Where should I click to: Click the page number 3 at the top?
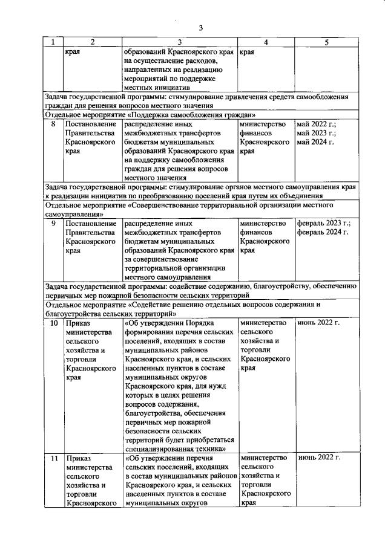click(x=200, y=27)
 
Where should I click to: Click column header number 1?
click(x=53, y=42)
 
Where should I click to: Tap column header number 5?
click(x=326, y=42)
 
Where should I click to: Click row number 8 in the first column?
click(x=53, y=125)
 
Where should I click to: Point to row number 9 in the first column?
click(x=53, y=223)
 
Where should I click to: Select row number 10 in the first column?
click(x=53, y=323)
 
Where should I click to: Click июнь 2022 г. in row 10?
click(x=318, y=323)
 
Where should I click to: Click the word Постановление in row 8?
click(x=90, y=125)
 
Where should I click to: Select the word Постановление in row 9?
click(x=90, y=223)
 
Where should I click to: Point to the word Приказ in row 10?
click(x=79, y=323)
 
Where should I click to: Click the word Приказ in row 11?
click(x=79, y=458)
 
